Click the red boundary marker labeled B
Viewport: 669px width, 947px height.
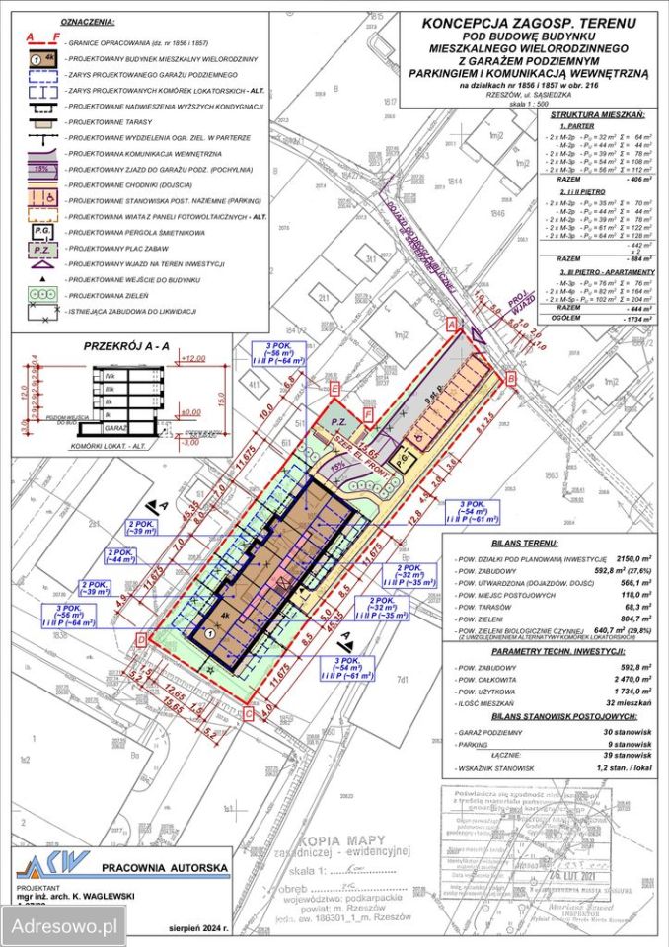tap(510, 378)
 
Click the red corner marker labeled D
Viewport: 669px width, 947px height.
tap(143, 640)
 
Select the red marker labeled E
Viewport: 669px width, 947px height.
tap(335, 391)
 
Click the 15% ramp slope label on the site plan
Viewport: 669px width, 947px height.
tap(339, 466)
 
